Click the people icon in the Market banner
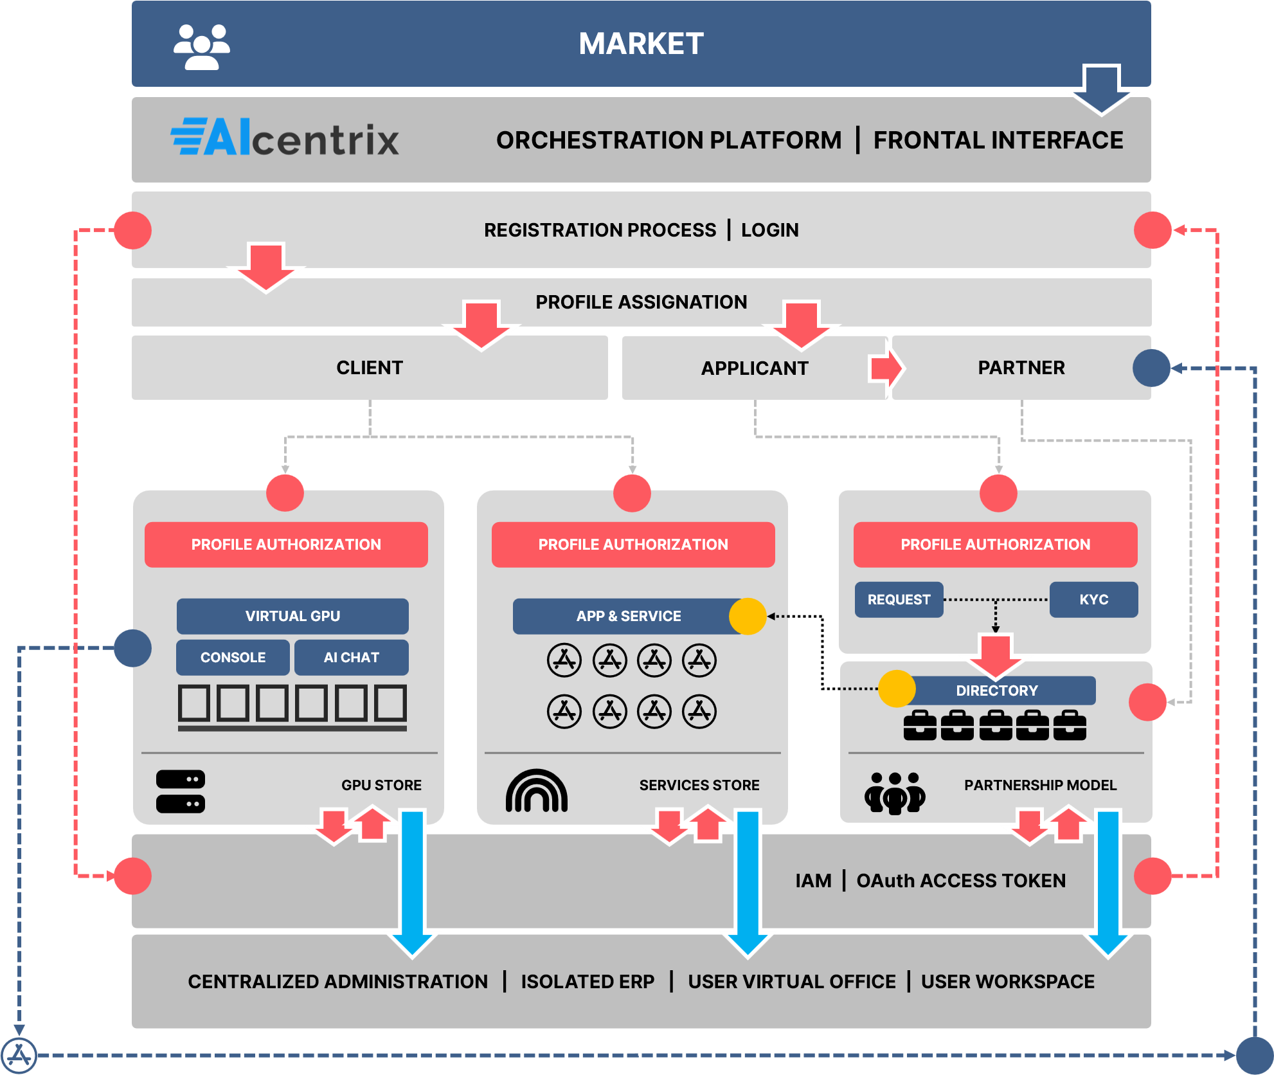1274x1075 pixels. click(x=201, y=46)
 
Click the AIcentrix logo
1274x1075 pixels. click(x=285, y=137)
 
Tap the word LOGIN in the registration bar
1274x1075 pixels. click(x=769, y=230)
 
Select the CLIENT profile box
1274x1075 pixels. click(x=369, y=368)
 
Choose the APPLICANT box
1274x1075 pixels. click(x=754, y=368)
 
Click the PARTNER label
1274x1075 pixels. click(x=1021, y=368)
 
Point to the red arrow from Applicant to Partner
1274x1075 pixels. click(x=886, y=368)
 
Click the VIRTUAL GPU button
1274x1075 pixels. click(x=292, y=616)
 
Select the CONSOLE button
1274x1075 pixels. click(x=233, y=657)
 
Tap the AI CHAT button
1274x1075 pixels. click(x=351, y=657)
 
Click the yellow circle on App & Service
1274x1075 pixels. click(x=747, y=616)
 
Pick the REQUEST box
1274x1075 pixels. click(x=899, y=599)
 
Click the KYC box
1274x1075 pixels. click(x=1093, y=599)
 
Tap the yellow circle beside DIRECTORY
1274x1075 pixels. click(x=897, y=689)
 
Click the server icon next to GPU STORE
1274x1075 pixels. click(x=181, y=791)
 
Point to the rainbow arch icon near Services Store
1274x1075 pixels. click(x=537, y=791)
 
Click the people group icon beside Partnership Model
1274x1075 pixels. click(x=895, y=793)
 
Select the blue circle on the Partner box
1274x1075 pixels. click(x=1151, y=368)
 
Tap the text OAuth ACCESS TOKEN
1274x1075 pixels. click(x=961, y=881)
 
